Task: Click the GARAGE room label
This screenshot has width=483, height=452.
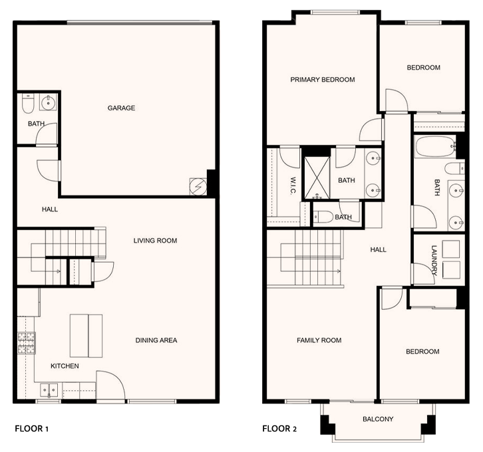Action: click(121, 108)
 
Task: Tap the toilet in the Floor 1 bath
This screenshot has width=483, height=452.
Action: click(28, 104)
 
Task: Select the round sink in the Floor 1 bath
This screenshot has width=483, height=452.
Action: click(48, 102)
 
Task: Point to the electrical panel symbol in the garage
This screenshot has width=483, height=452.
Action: click(198, 187)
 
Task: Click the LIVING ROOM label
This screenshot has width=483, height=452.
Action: click(155, 241)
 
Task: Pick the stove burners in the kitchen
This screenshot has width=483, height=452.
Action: click(26, 343)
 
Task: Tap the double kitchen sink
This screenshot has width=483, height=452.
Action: click(49, 390)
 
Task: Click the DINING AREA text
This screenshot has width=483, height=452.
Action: click(156, 340)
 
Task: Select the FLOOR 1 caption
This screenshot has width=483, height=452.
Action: click(32, 429)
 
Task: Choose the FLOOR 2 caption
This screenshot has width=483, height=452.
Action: click(279, 429)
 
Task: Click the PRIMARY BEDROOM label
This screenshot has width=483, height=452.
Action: click(323, 80)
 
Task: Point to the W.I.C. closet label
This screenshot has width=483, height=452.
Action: click(293, 185)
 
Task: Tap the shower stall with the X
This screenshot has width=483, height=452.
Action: click(317, 177)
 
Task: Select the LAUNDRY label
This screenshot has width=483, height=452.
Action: click(434, 261)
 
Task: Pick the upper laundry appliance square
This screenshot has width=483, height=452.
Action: click(451, 249)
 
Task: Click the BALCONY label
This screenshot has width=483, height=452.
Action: click(378, 419)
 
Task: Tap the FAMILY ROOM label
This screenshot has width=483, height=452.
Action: click(319, 340)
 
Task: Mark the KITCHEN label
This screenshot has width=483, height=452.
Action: click(65, 366)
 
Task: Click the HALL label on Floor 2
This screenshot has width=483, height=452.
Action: click(379, 249)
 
